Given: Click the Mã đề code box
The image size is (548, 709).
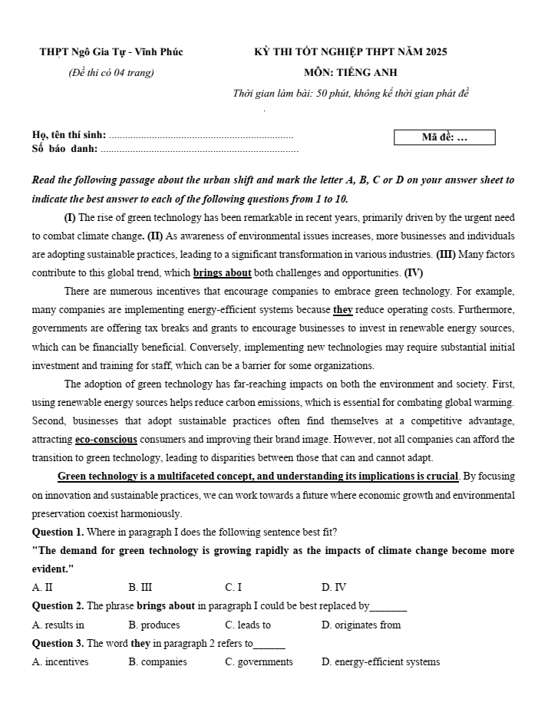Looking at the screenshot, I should tap(444, 138).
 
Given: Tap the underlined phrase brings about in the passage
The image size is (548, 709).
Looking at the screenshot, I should tap(223, 273).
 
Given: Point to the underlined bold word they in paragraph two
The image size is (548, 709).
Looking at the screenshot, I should tap(342, 310).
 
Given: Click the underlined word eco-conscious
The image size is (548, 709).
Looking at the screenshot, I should tap(106, 440).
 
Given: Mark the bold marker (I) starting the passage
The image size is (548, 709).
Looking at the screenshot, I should tap(70, 217).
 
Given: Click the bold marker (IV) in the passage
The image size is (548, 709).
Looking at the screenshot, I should tap(414, 273).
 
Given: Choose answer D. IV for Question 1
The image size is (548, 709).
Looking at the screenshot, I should tap(334, 588).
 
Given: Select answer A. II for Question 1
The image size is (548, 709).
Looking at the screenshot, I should tap(43, 588).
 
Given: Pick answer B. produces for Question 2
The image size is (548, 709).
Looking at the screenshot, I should tap(154, 625).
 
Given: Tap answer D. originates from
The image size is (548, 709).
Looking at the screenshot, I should tap(361, 625).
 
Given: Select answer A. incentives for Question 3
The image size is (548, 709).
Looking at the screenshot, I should tap(61, 662).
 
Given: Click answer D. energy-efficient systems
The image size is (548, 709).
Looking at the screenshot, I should tap(381, 662).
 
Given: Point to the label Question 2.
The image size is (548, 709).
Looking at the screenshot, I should tap(58, 606).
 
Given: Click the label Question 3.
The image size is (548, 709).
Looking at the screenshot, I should tap(58, 644).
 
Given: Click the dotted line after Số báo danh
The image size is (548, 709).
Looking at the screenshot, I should tap(200, 149).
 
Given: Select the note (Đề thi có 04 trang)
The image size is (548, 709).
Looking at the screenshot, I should tap(111, 73).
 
